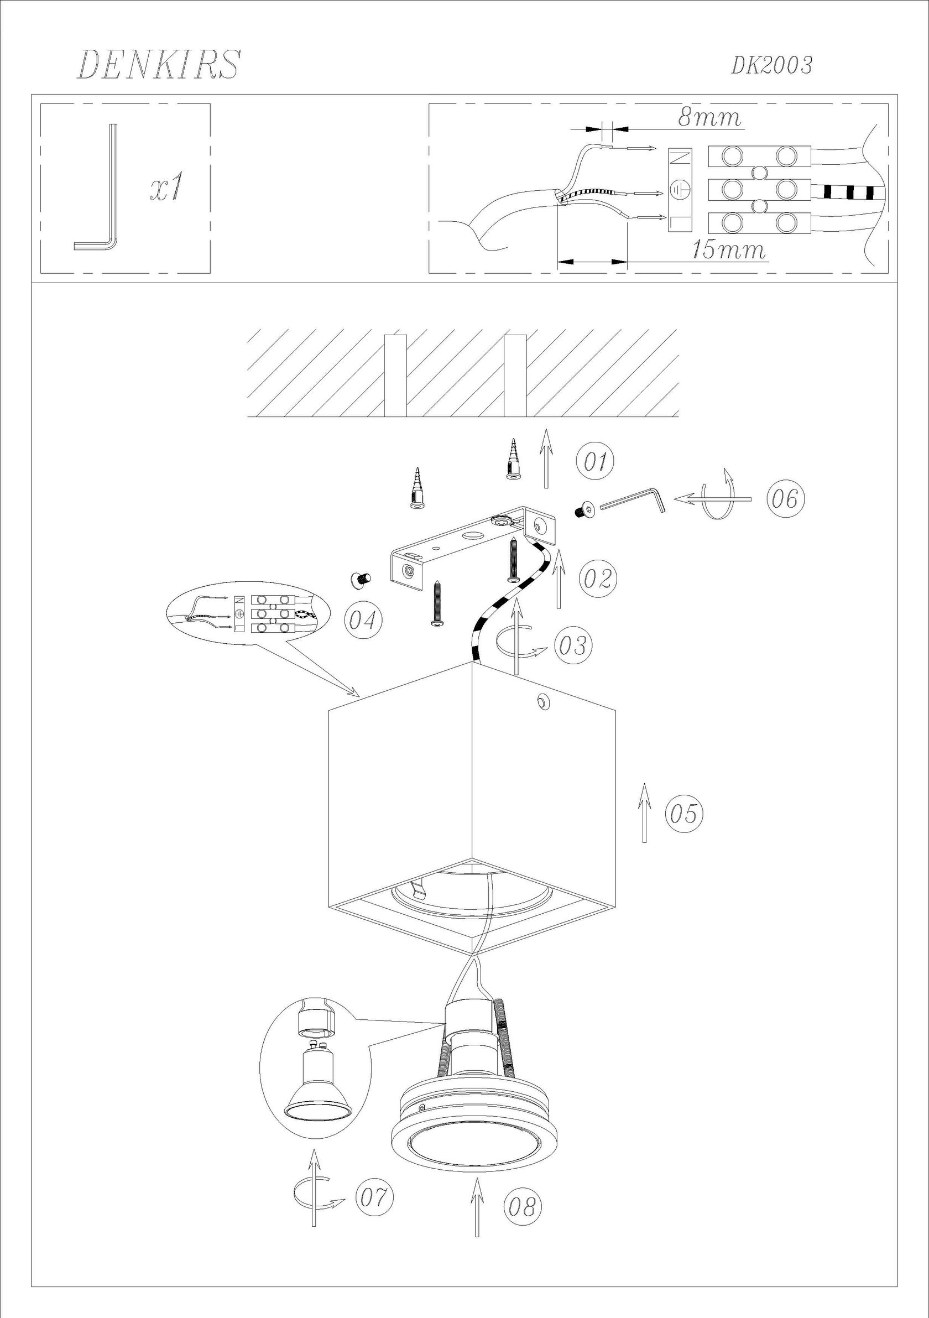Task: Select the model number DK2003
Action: (772, 66)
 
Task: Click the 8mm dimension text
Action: (709, 118)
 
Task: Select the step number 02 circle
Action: (598, 579)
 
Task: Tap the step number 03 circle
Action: (572, 645)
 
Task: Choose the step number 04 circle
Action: (363, 621)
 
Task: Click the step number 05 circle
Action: (684, 814)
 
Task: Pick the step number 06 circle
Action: (785, 499)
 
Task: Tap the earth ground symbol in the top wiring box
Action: (681, 190)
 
